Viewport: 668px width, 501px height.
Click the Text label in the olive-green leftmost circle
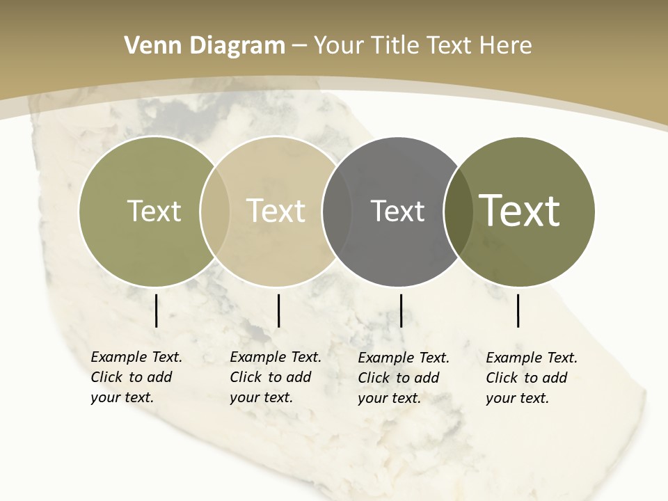coord(154,211)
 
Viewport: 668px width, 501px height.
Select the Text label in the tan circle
coord(276,211)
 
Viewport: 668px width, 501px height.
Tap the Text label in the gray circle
coord(397,211)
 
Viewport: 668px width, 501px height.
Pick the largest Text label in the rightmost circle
coord(520,210)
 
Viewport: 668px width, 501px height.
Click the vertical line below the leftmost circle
coord(156,310)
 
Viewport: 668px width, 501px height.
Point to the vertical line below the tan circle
coord(278,310)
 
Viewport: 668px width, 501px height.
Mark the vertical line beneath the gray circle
coord(401,310)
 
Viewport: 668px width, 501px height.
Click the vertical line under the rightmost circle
coord(518,310)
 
